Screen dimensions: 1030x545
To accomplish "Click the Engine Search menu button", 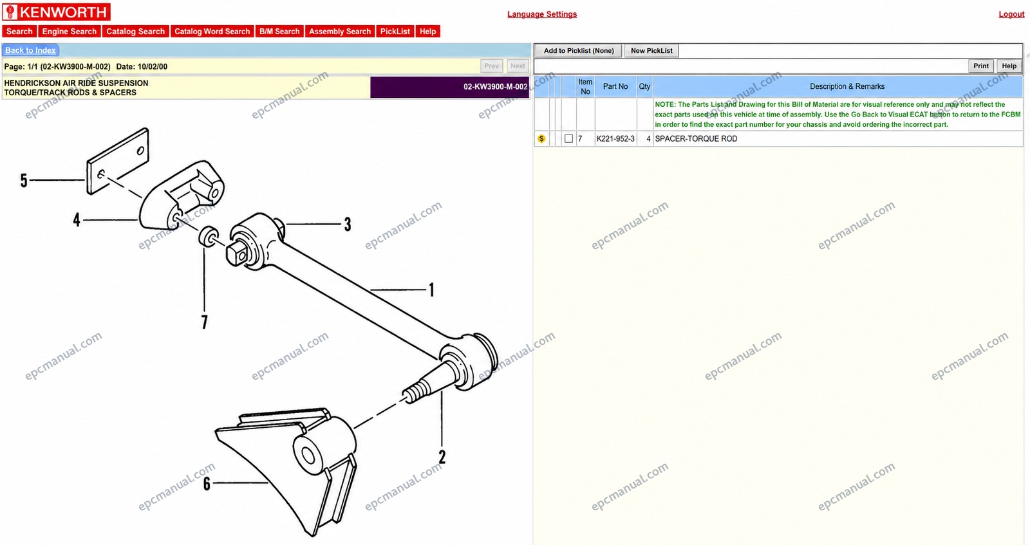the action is [x=70, y=32].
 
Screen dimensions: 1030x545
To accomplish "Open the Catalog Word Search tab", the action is [x=212, y=32].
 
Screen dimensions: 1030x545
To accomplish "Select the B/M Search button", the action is [x=279, y=32].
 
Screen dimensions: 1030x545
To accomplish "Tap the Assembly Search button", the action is [x=340, y=32].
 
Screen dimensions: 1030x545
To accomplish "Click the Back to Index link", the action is [x=30, y=51].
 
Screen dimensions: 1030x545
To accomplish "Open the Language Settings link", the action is [x=542, y=14].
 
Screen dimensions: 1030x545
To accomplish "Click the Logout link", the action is [x=1011, y=14].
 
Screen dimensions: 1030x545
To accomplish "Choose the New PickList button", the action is [x=651, y=51].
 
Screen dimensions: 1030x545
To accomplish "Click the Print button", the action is [x=981, y=66].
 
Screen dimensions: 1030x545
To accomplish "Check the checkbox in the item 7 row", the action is [x=569, y=139].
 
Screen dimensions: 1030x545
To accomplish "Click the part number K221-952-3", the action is [x=615, y=139].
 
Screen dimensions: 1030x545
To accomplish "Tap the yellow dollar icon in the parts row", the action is [x=541, y=139].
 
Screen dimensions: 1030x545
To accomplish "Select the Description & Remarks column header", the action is [x=847, y=86].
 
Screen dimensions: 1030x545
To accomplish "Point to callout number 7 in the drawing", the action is [x=205, y=322].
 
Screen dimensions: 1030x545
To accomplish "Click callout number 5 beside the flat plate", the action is [x=24, y=181].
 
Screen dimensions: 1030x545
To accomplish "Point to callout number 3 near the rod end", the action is [x=348, y=225].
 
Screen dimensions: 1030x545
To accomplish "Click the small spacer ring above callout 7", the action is [x=209, y=237].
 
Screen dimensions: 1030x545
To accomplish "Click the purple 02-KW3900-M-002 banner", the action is [x=450, y=87].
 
